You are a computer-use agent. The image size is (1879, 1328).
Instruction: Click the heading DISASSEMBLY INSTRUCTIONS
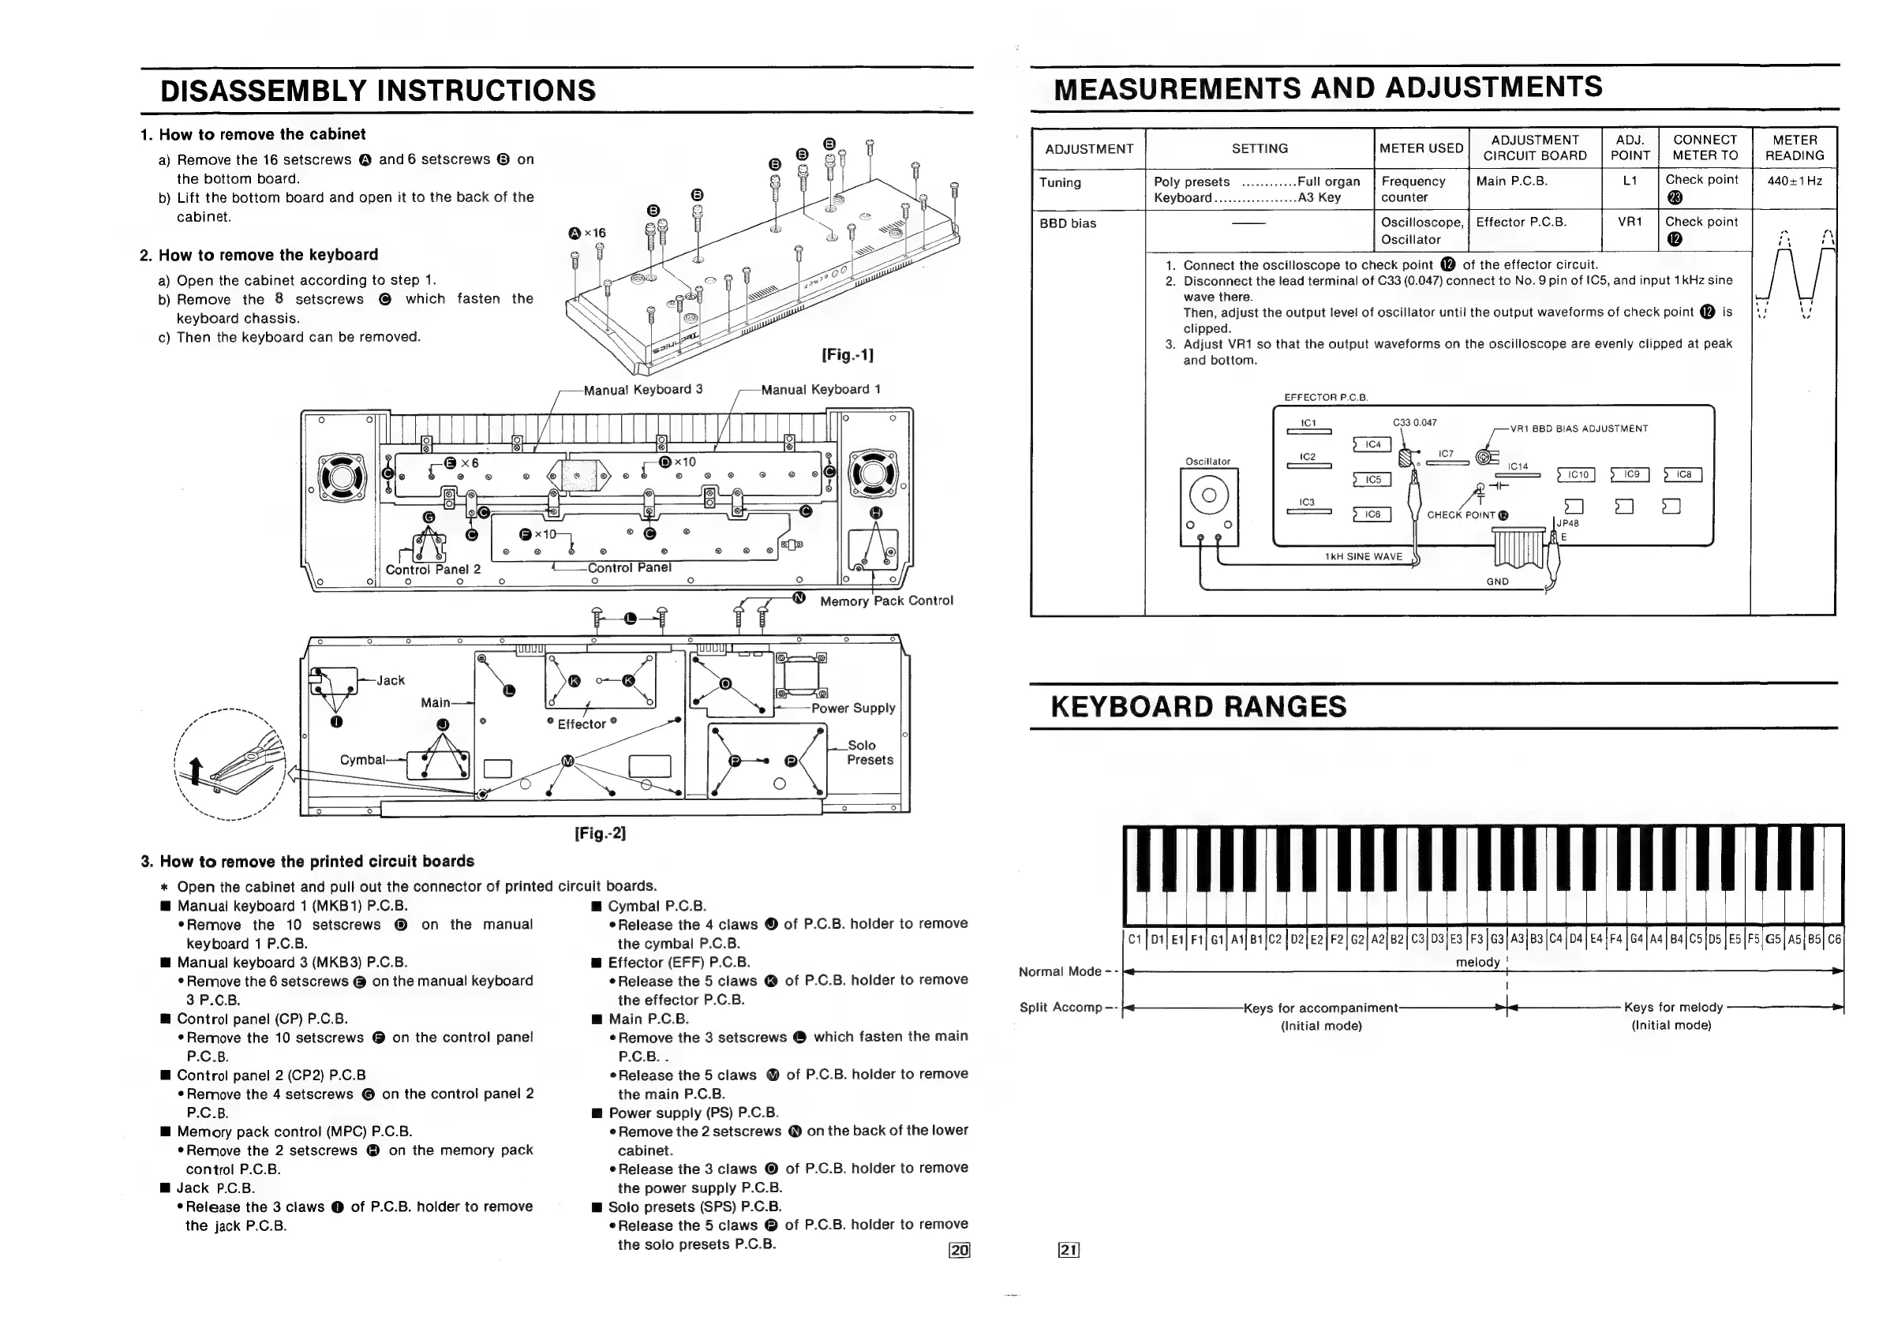(378, 90)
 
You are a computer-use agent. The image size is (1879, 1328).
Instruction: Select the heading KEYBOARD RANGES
(1198, 706)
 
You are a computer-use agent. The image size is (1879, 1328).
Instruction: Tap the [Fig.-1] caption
(847, 354)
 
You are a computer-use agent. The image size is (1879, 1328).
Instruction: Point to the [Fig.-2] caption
(600, 833)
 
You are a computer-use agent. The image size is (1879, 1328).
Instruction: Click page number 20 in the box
(959, 1249)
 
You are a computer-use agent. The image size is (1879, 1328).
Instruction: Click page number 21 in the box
(1069, 1249)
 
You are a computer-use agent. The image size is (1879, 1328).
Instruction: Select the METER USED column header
(1420, 148)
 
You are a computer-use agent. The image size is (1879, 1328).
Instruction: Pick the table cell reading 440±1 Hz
(1794, 181)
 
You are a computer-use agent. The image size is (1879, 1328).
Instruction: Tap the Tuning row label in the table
(1060, 182)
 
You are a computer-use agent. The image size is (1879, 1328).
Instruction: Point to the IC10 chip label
(1577, 474)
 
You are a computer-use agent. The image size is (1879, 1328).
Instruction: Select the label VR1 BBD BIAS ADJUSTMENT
(1578, 428)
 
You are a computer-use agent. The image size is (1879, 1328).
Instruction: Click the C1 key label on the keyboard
(1134, 939)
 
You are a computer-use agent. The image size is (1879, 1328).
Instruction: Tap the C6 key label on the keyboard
(1834, 939)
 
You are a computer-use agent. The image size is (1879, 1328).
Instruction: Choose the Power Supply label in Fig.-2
(853, 708)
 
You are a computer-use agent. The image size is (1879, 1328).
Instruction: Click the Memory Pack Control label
(886, 600)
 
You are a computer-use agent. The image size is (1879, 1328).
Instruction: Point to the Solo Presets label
(869, 753)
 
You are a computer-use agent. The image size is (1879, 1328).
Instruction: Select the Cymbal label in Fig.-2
(362, 760)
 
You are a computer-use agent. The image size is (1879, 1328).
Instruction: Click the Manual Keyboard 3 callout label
(642, 390)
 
